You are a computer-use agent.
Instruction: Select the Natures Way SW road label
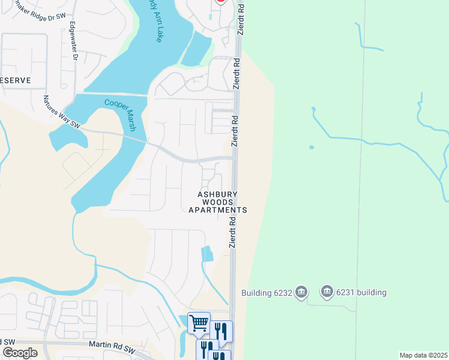click(62, 112)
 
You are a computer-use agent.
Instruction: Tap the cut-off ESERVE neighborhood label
click(14, 80)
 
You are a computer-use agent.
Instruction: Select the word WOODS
click(218, 203)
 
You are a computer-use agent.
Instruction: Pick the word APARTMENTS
click(218, 211)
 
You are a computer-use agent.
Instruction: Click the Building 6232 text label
click(267, 293)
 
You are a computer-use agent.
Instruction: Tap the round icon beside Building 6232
click(301, 292)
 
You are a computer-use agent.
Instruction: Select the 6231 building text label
click(361, 292)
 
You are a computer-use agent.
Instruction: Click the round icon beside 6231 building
click(327, 292)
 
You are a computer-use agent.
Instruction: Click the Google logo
click(20, 353)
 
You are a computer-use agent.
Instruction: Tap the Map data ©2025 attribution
click(423, 355)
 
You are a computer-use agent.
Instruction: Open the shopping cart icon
click(199, 323)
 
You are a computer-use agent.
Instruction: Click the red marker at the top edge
click(221, 1)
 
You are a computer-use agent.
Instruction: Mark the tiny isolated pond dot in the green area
click(311, 147)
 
